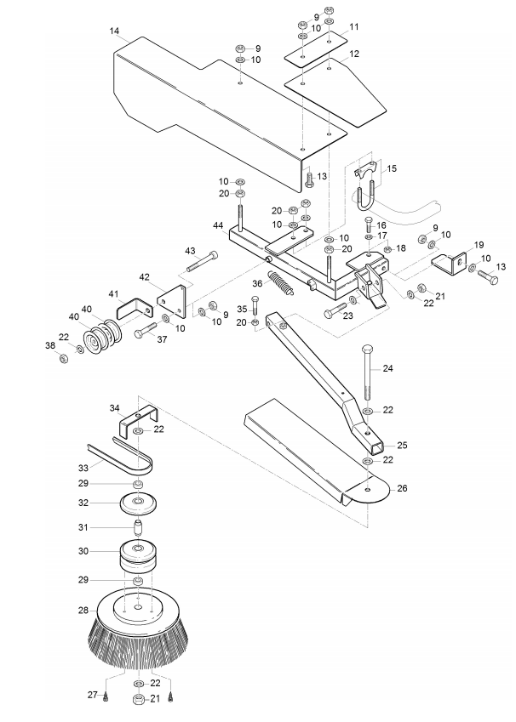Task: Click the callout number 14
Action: [x=114, y=31]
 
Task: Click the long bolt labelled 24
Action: [x=368, y=372]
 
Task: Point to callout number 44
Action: [x=219, y=225]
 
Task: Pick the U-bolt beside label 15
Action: [x=365, y=198]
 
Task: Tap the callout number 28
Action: [x=83, y=611]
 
